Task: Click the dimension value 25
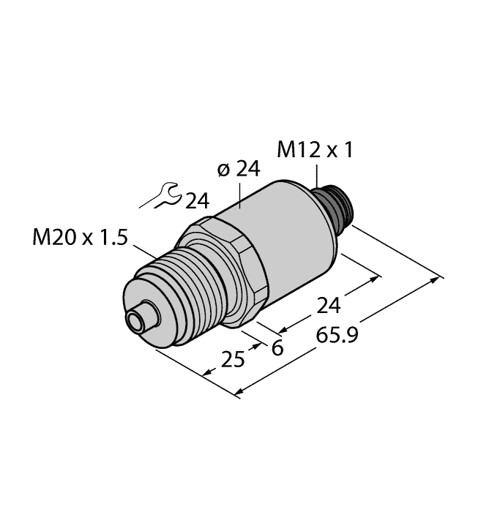point(232,360)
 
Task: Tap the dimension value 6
point(277,348)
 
